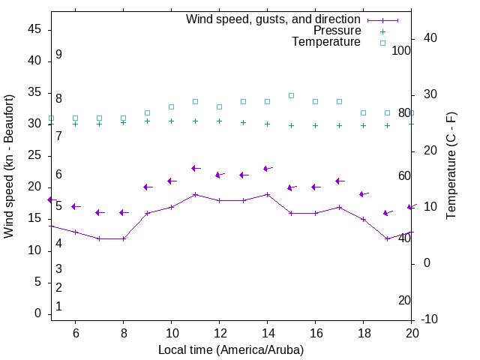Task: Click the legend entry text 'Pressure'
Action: pyautogui.click(x=337, y=31)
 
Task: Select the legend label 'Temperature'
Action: pyautogui.click(x=326, y=42)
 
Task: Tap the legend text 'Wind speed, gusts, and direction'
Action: pyautogui.click(x=274, y=19)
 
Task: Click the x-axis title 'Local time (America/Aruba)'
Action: pyautogui.click(x=231, y=349)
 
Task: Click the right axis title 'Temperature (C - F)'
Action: pyautogui.click(x=451, y=166)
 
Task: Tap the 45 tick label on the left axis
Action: pyautogui.click(x=34, y=29)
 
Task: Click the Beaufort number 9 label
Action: pyautogui.click(x=58, y=55)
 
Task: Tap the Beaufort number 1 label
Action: pyautogui.click(x=58, y=306)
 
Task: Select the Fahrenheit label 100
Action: pyautogui.click(x=401, y=50)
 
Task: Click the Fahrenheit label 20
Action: pyautogui.click(x=404, y=300)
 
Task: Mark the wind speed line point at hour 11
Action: pyautogui.click(x=195, y=194)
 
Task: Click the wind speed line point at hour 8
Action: pyautogui.click(x=123, y=238)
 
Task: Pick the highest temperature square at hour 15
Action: pyautogui.click(x=291, y=95)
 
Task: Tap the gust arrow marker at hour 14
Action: pyautogui.click(x=266, y=169)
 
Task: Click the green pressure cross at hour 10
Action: pyautogui.click(x=171, y=121)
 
